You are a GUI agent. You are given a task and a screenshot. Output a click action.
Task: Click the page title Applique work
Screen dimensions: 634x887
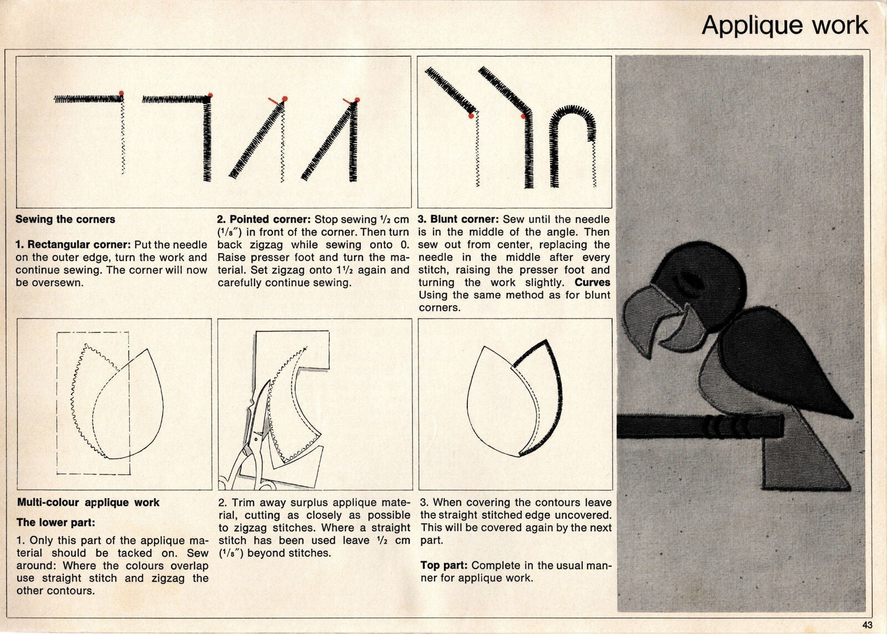click(784, 25)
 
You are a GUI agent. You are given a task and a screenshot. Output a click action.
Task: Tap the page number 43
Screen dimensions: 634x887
click(868, 625)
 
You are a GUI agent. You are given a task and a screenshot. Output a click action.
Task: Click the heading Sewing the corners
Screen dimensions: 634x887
click(65, 219)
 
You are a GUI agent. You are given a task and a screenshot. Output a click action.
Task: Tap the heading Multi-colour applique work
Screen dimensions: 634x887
click(88, 503)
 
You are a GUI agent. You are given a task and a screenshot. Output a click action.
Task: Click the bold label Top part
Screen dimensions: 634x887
click(443, 565)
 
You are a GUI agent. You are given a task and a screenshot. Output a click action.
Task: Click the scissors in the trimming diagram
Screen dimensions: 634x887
click(249, 443)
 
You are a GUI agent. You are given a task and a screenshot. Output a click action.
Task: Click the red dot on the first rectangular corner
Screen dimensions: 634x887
click(121, 93)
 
